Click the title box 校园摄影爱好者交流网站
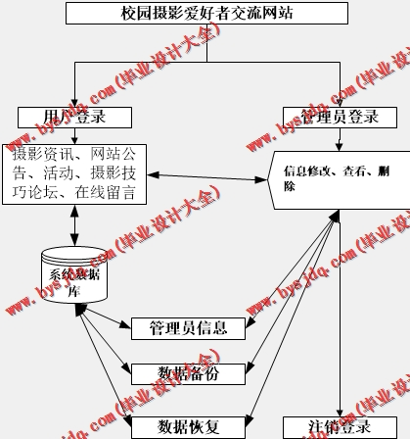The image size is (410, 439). (206, 13)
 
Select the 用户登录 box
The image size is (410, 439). (74, 117)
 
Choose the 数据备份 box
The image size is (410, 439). (188, 372)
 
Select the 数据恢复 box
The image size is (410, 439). (188, 426)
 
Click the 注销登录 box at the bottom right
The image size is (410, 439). (340, 427)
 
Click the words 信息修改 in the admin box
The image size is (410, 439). (306, 171)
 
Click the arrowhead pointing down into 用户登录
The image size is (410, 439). (74, 101)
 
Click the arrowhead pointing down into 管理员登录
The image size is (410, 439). (340, 102)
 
